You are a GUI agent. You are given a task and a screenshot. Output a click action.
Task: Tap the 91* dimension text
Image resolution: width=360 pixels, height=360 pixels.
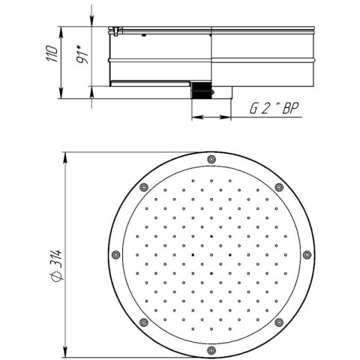[82, 55]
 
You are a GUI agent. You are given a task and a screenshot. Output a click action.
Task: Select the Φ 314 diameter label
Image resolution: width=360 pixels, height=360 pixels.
[55, 265]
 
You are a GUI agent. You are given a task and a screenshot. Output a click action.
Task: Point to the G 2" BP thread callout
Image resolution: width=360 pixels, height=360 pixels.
[274, 108]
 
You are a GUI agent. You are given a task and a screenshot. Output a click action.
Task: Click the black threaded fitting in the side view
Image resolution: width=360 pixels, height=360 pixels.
[201, 90]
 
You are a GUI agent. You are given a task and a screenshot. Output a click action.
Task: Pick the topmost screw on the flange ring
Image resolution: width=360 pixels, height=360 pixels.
[211, 159]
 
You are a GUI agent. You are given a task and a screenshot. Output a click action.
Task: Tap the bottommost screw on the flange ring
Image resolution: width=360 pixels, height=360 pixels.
[211, 350]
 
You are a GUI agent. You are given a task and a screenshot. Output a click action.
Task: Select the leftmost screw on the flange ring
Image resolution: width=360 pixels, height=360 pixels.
[115, 255]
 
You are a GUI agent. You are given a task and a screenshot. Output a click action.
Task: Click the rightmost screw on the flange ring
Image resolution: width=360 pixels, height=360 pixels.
[307, 255]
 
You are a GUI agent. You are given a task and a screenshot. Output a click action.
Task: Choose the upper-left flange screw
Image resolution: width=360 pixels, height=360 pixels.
[144, 187]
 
